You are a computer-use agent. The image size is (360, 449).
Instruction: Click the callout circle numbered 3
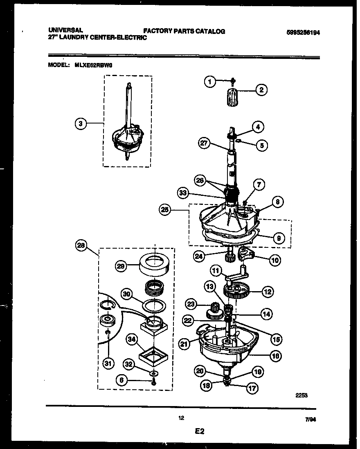(x=82, y=123)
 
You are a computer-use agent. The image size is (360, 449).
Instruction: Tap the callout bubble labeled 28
(x=82, y=245)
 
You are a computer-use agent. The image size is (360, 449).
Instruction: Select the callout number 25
(x=165, y=210)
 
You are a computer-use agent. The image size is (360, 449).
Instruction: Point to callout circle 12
(x=268, y=292)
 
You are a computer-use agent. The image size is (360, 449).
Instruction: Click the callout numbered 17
(x=252, y=388)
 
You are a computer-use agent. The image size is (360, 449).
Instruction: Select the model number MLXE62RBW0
(x=96, y=65)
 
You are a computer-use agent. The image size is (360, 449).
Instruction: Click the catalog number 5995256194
(x=303, y=34)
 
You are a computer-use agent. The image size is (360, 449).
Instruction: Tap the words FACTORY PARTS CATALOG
(x=184, y=31)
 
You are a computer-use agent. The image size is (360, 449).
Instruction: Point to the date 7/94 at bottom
(x=310, y=419)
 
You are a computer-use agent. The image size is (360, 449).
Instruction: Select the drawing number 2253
(x=301, y=395)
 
